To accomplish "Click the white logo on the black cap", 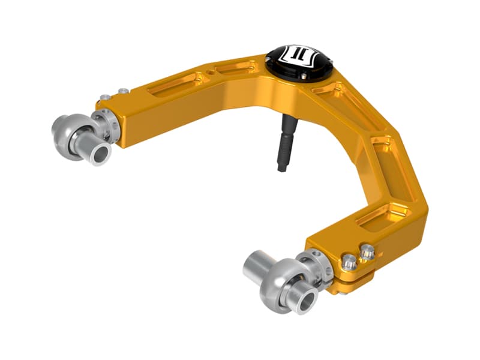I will [x=298, y=56].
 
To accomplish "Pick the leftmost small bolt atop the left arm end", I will [x=105, y=97].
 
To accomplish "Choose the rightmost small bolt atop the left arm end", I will [x=123, y=91].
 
